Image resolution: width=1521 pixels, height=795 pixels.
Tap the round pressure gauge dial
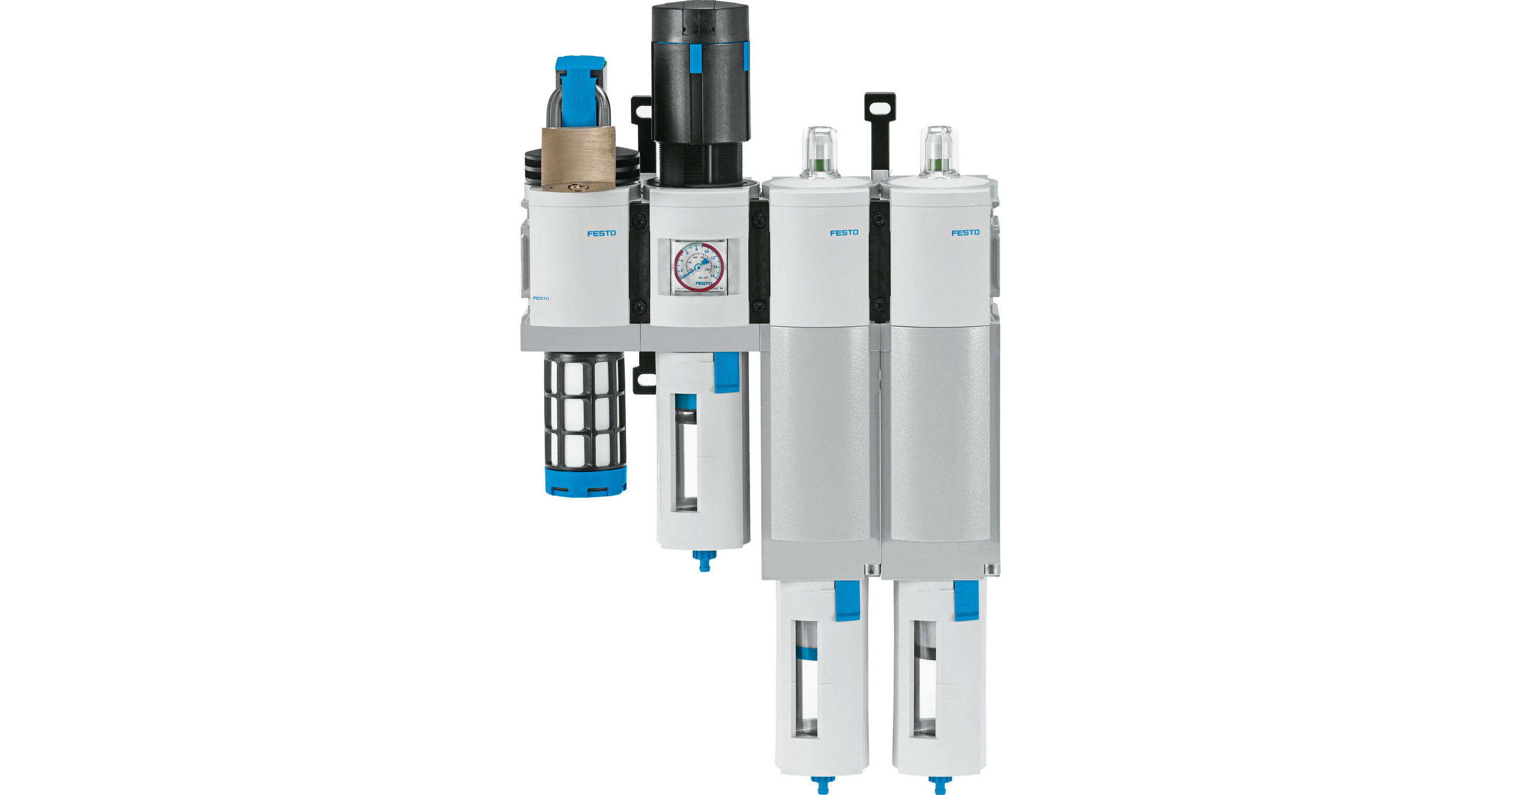click(x=699, y=267)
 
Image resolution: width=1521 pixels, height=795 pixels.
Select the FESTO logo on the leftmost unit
click(x=601, y=233)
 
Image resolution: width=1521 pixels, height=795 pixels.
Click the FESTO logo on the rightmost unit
click(x=965, y=232)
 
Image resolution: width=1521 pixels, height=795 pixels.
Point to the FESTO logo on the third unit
click(x=844, y=232)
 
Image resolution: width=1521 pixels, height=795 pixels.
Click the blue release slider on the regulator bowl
click(x=726, y=372)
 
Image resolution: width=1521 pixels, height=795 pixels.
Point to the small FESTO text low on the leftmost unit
click(x=541, y=298)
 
